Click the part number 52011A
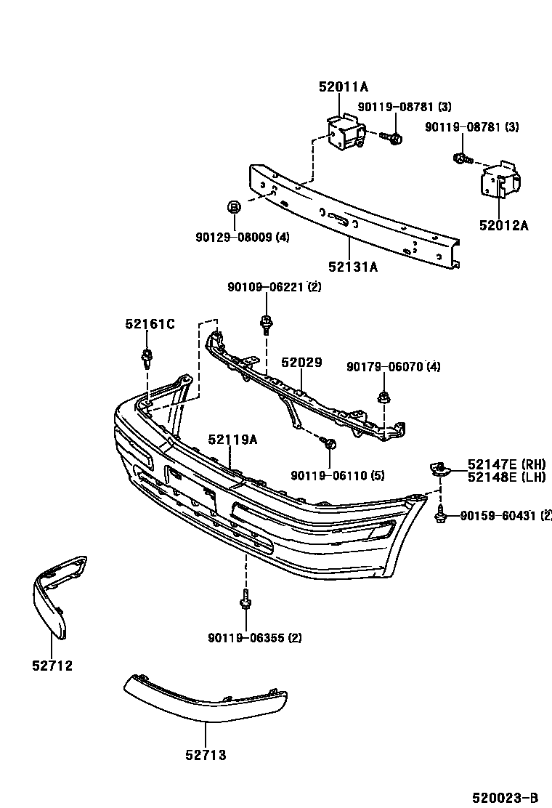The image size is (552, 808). tap(344, 86)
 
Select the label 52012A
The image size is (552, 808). tap(503, 225)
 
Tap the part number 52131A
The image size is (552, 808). tap(353, 267)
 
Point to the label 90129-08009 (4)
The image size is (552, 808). tap(243, 237)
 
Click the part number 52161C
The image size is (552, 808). tap(150, 324)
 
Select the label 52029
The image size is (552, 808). tap(301, 363)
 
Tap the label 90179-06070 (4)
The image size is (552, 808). tap(393, 367)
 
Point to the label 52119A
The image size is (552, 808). tap(232, 439)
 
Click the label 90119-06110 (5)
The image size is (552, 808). tap(338, 475)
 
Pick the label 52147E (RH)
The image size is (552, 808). tap(506, 464)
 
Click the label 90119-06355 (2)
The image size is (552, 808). tap(254, 638)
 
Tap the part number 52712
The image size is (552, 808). tap(52, 665)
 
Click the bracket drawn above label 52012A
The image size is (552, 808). tap(500, 182)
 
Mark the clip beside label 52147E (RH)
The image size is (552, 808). tap(439, 468)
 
